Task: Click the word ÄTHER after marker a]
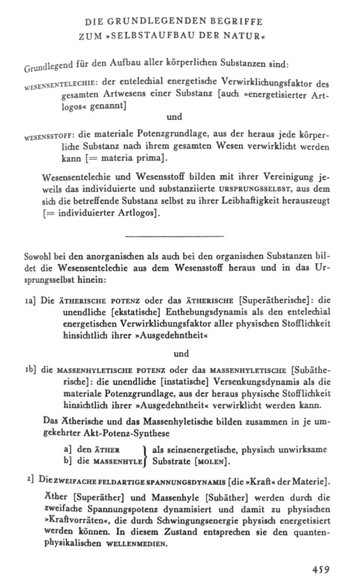pyautogui.click(x=105, y=449)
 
